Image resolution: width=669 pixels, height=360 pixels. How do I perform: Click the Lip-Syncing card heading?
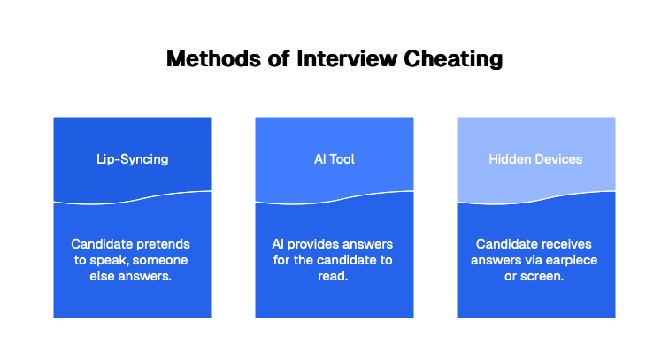point(133,159)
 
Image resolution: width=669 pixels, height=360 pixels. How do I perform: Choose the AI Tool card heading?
point(334,159)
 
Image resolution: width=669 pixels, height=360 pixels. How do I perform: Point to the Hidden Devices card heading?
point(535,159)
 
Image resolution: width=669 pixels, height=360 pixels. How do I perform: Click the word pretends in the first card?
point(165,243)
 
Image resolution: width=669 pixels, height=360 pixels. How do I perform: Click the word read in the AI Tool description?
point(334,277)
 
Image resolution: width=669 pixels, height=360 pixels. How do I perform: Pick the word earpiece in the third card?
point(565,260)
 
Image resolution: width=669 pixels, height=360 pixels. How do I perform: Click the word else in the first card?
point(104,277)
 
